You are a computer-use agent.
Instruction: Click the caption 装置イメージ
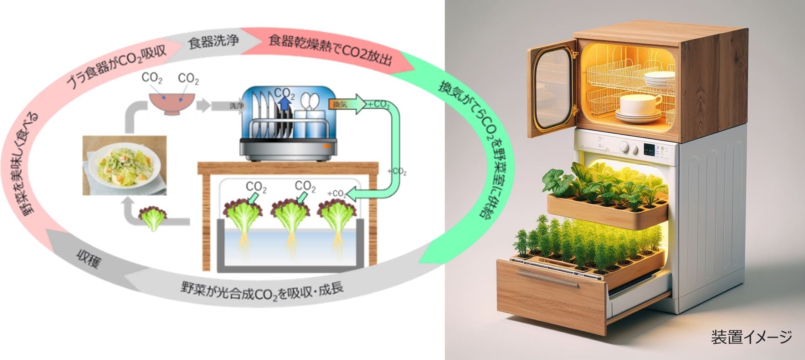click(751, 337)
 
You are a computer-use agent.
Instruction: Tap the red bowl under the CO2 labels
click(173, 103)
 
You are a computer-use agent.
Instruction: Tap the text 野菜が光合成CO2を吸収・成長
click(262, 292)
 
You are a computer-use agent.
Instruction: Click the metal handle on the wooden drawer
click(549, 278)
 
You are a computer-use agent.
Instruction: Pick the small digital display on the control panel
click(649, 149)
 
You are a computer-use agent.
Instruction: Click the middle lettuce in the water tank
click(291, 214)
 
